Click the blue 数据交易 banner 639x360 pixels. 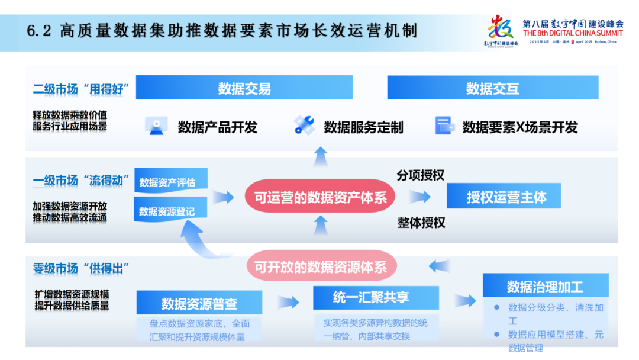pyautogui.click(x=244, y=88)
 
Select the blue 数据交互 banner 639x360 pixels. pyautogui.click(x=492, y=88)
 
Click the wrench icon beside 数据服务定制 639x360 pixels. pyautogui.click(x=304, y=125)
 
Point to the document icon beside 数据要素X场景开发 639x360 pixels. pyautogui.click(x=444, y=126)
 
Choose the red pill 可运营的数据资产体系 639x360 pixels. pyautogui.click(x=320, y=197)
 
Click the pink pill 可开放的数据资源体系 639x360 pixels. pyautogui.click(x=320, y=266)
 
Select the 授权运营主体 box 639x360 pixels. pyautogui.click(x=504, y=197)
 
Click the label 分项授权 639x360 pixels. pyautogui.click(x=421, y=175)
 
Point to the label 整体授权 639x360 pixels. pyautogui.click(x=421, y=223)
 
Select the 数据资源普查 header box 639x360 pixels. pyautogui.click(x=199, y=304)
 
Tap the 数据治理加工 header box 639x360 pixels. pyautogui.click(x=544, y=287)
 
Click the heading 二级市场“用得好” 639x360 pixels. pyautogui.click(x=81, y=90)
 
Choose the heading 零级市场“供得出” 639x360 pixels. pyautogui.click(x=81, y=268)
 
